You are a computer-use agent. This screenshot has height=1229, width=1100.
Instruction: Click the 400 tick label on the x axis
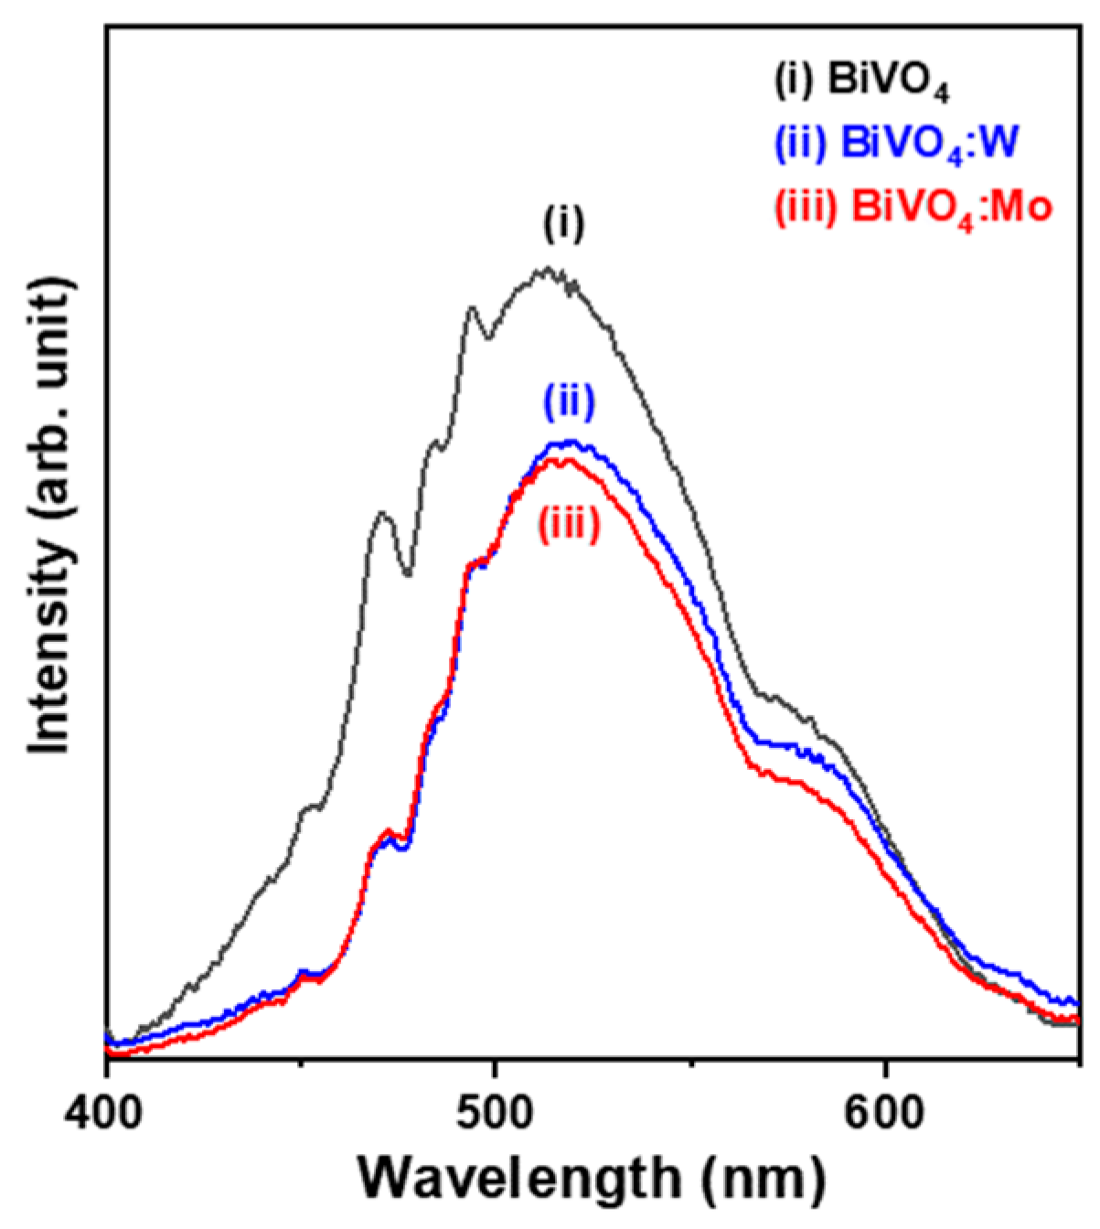[x=106, y=1117]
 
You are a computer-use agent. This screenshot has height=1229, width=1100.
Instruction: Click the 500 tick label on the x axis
[x=495, y=1117]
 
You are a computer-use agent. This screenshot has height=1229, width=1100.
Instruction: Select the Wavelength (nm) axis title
[x=592, y=1181]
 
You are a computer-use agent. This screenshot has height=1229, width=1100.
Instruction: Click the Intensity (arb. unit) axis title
[x=50, y=516]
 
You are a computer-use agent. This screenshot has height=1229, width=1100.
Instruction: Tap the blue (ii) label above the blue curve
[x=569, y=402]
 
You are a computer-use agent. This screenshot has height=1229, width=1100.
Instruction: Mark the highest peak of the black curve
[x=548, y=269]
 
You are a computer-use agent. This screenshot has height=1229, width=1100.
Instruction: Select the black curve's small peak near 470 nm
[x=381, y=514]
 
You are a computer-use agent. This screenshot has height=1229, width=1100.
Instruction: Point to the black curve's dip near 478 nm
[x=408, y=574]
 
